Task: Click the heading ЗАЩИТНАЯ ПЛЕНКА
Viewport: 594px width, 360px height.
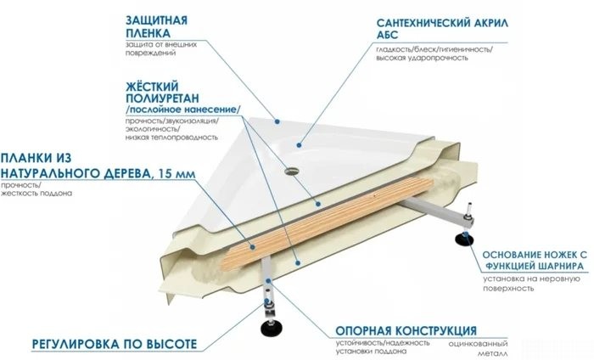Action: [x=156, y=26]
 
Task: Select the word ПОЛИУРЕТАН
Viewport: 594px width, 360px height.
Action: [x=162, y=98]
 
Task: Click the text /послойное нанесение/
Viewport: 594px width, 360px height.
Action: [x=183, y=110]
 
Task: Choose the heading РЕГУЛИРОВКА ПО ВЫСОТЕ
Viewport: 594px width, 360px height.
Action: [x=115, y=344]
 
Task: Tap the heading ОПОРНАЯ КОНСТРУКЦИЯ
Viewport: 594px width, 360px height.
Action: [x=406, y=330]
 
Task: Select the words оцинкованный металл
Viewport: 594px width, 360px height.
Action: [x=478, y=349]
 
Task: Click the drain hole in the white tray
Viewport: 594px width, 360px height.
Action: [x=291, y=171]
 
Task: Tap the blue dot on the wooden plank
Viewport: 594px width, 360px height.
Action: [x=253, y=247]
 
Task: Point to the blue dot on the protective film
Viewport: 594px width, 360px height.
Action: [x=277, y=121]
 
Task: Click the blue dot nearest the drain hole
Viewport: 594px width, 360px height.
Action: [x=299, y=144]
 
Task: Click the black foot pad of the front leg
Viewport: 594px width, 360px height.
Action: [x=270, y=329]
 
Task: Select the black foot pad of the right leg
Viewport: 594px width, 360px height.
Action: [x=464, y=240]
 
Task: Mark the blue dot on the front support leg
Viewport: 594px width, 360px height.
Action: [x=269, y=281]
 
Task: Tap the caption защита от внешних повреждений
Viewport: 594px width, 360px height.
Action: [x=161, y=48]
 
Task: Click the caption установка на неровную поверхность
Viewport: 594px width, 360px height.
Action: [x=531, y=284]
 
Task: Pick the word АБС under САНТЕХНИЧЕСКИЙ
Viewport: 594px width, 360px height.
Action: [x=387, y=35]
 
